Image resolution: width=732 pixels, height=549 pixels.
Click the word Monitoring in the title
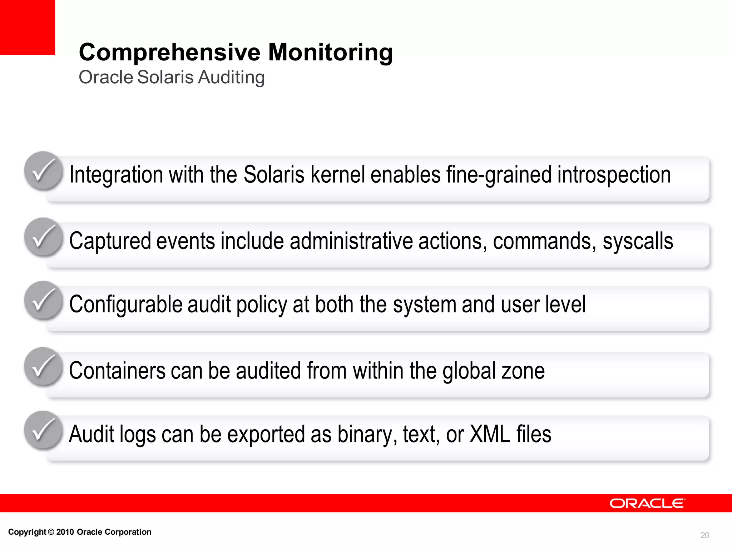(x=330, y=52)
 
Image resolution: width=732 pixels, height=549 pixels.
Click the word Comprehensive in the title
(x=170, y=52)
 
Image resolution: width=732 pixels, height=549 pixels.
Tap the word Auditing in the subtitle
(x=231, y=77)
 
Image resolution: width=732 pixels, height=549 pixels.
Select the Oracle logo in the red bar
(x=647, y=503)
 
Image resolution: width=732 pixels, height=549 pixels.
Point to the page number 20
(x=704, y=535)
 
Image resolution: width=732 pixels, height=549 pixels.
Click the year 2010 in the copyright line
(x=65, y=532)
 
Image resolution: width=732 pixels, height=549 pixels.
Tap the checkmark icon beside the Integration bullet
(x=43, y=170)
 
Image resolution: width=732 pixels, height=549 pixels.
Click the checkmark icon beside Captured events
(x=43, y=237)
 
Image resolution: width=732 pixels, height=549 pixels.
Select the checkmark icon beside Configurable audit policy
(x=43, y=300)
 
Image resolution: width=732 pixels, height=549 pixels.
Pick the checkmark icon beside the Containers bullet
(x=43, y=366)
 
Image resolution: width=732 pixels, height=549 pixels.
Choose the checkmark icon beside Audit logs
(x=43, y=430)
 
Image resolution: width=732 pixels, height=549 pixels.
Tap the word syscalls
(x=638, y=241)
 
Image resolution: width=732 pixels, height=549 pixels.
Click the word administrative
(x=351, y=241)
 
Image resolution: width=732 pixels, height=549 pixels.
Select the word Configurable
(x=126, y=305)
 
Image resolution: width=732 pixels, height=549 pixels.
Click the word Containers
(x=117, y=371)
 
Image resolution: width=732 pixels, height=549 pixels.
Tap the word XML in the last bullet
(x=490, y=434)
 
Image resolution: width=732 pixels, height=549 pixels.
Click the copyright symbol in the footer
(x=51, y=532)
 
